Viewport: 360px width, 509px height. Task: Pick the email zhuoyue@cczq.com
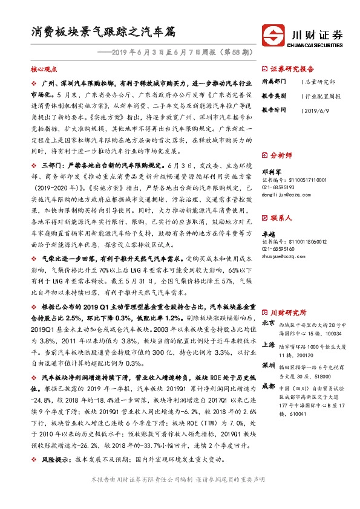click(281, 256)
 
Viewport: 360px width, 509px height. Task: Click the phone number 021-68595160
click(277, 248)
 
